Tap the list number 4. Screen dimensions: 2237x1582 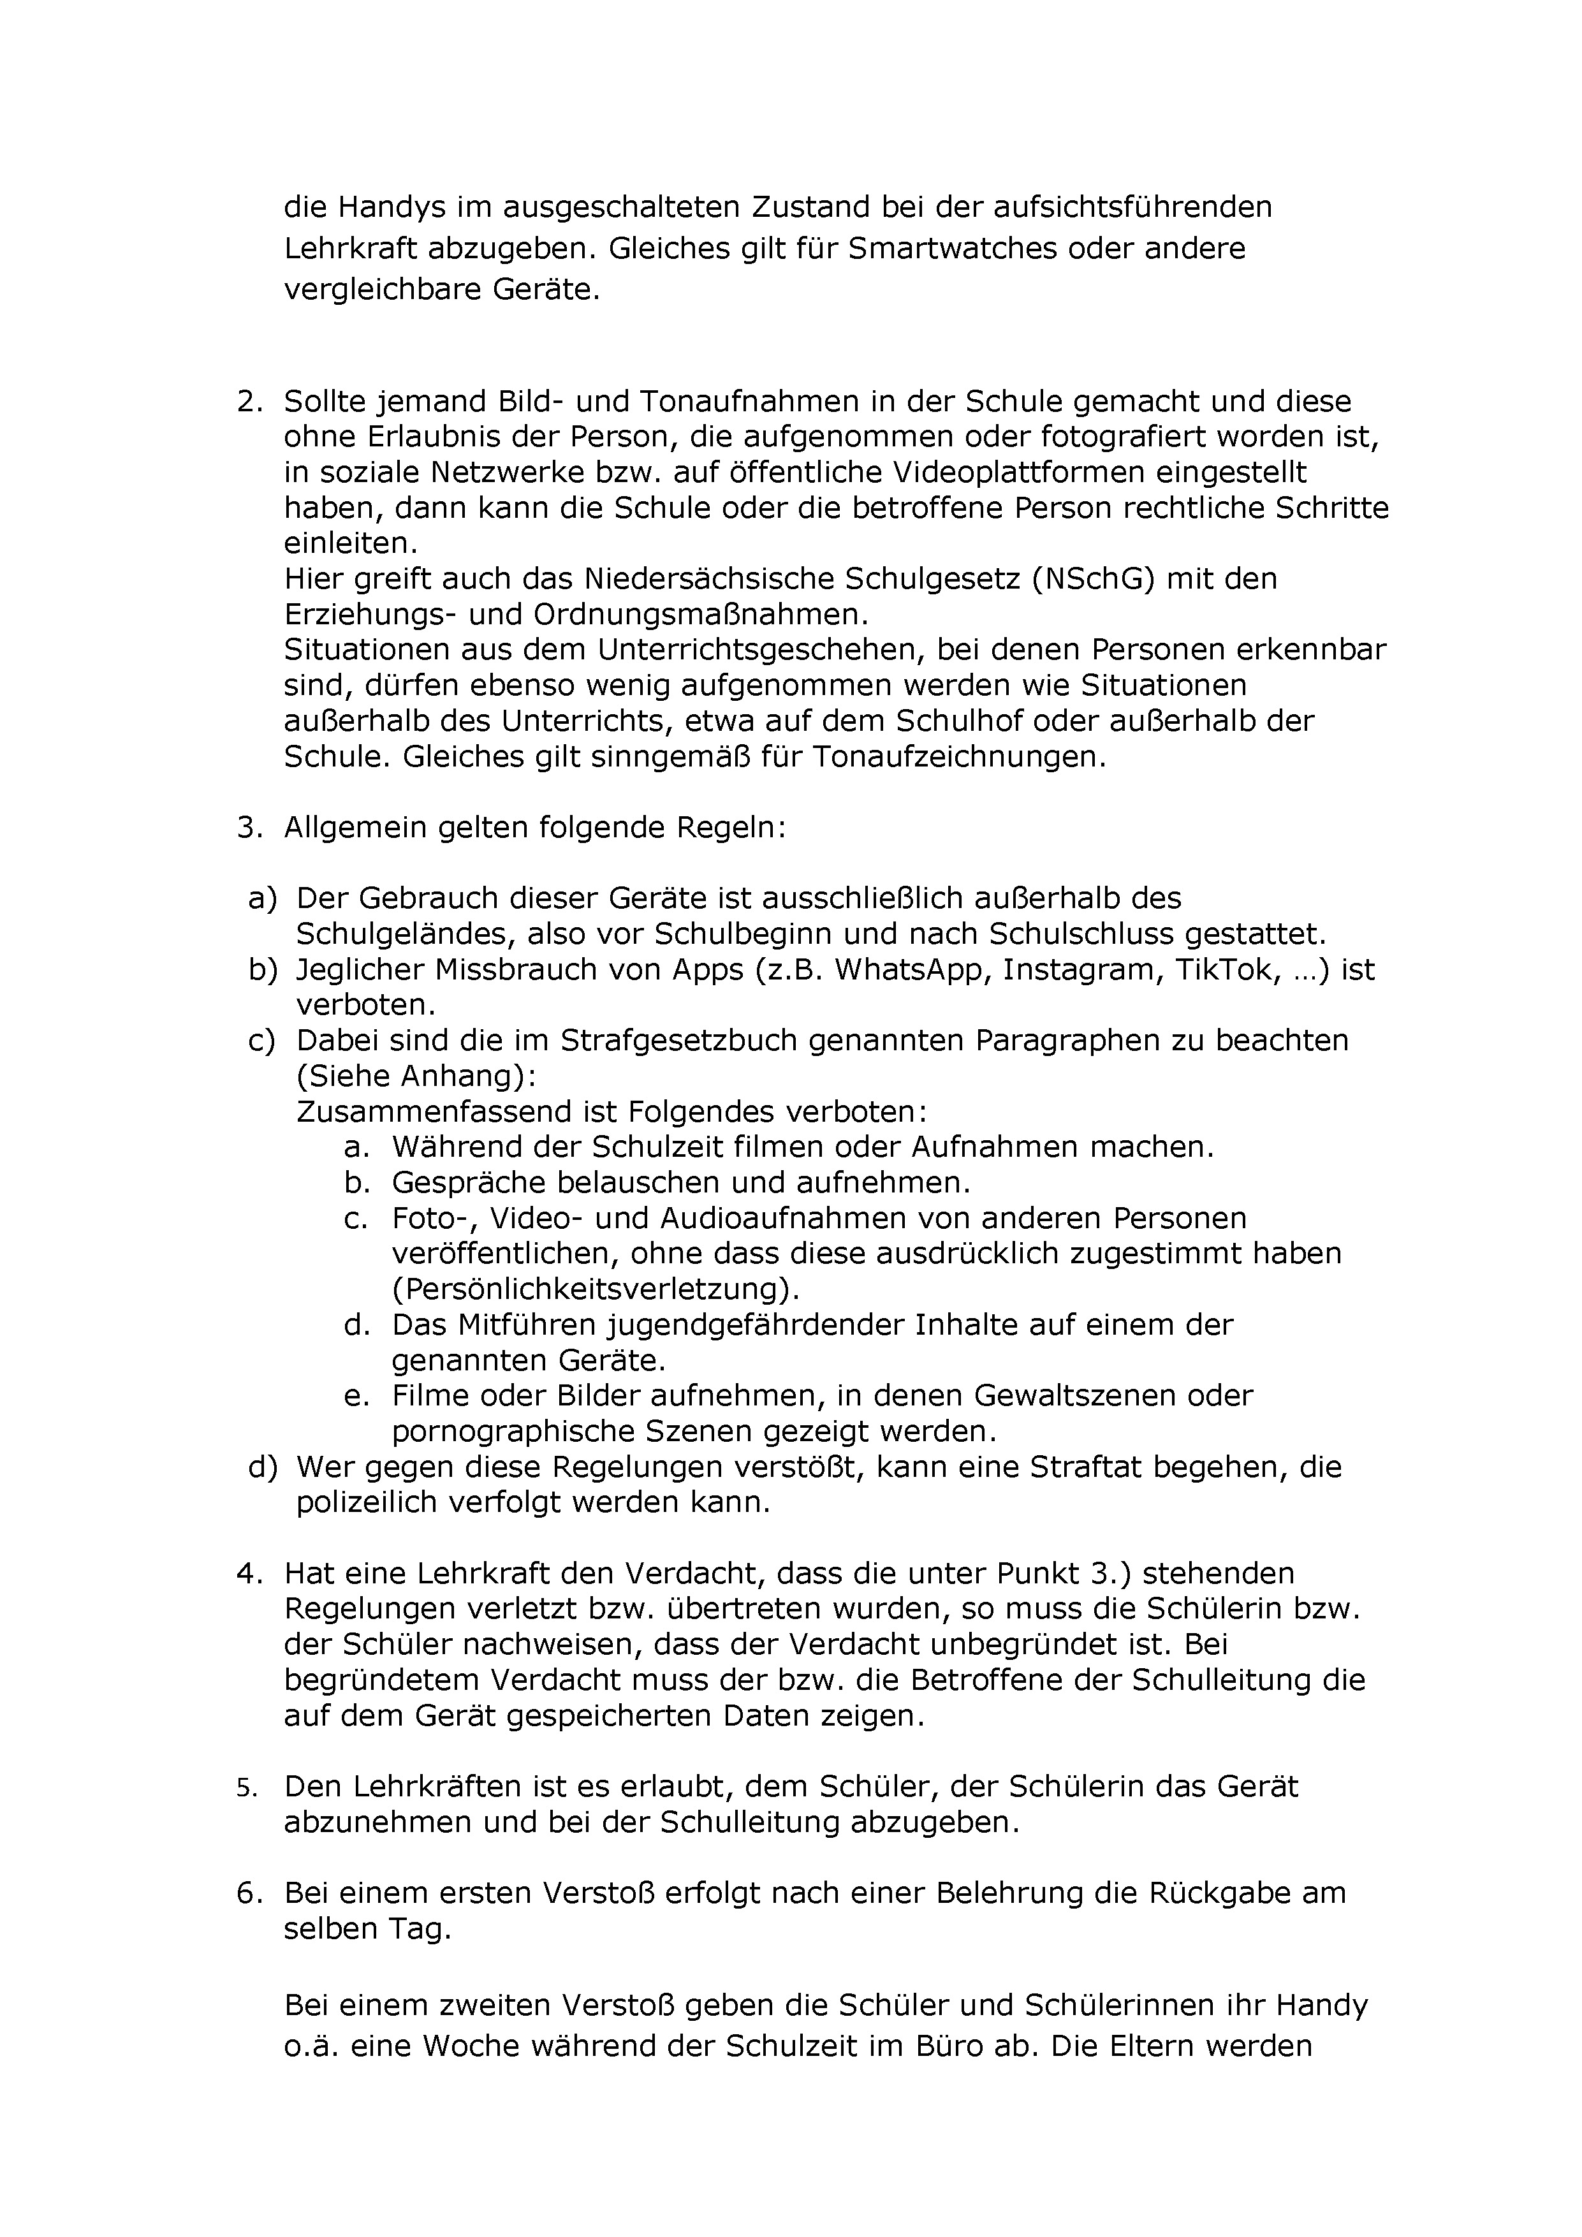click(249, 1574)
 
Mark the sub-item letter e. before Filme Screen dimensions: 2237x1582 click(356, 1396)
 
